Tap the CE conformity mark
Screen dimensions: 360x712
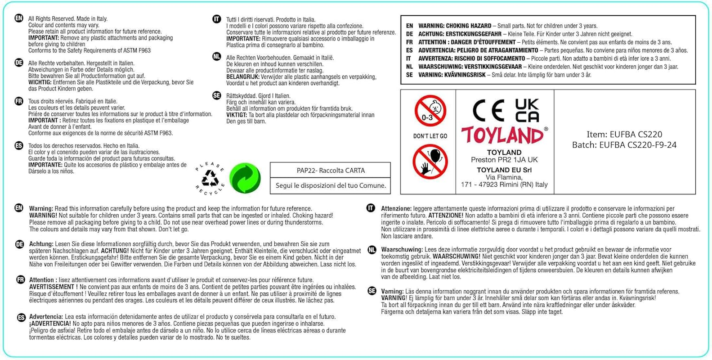point(488,111)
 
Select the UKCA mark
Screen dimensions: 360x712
point(527,111)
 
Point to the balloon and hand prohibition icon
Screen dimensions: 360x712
point(430,162)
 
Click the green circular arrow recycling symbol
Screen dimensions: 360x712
point(245,178)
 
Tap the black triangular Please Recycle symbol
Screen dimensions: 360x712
point(210,179)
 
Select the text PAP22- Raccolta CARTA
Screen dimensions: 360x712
point(331,171)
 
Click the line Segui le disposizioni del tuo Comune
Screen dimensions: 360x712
point(331,185)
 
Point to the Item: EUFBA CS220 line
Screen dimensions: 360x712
point(624,134)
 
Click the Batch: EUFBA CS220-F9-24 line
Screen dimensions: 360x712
point(624,145)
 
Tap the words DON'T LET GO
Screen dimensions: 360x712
point(430,136)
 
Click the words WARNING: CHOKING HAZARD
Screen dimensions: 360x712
point(455,26)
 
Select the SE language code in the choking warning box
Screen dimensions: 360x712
point(409,75)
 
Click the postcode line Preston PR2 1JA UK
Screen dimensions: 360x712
point(504,160)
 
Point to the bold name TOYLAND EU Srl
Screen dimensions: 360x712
point(504,170)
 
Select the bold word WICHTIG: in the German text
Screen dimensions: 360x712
point(40,82)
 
